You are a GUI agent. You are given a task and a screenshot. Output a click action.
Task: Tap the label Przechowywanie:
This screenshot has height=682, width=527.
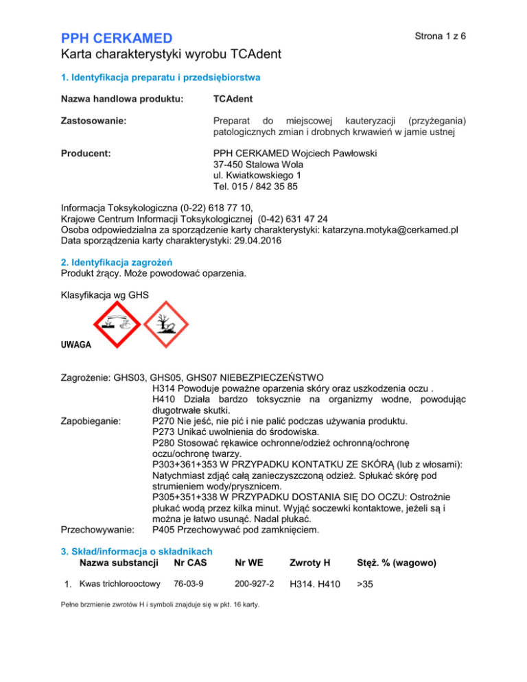click(x=97, y=530)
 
